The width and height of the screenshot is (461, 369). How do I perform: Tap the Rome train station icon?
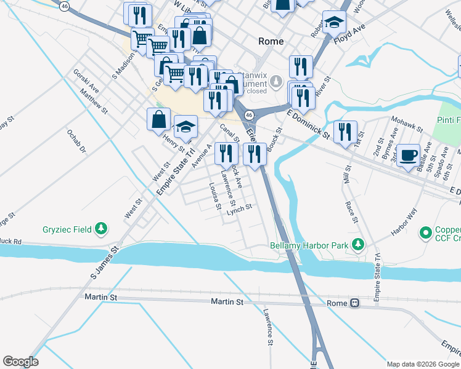(354, 303)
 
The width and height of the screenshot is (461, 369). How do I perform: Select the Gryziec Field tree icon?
(102, 229)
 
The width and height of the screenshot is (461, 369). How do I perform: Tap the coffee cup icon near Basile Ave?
(408, 154)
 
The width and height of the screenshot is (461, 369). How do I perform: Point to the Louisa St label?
(214, 196)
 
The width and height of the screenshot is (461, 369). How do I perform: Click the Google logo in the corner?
(20, 362)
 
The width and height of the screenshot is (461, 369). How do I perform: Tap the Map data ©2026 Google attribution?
(423, 364)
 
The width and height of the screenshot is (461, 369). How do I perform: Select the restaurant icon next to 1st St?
(345, 131)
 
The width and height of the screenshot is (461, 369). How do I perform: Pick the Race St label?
(352, 211)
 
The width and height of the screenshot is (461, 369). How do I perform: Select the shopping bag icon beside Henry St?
(158, 119)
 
